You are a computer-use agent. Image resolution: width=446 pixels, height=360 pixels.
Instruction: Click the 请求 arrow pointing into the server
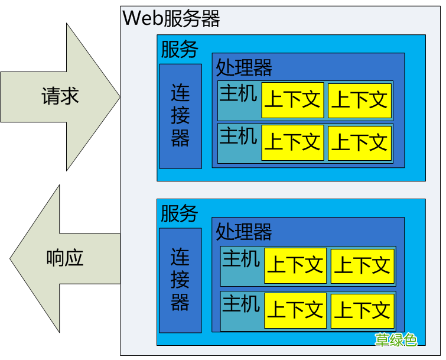tap(60, 96)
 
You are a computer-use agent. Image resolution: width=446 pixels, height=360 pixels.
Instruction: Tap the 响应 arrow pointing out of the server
tap(65, 258)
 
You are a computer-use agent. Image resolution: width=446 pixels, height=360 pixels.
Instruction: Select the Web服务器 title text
tap(171, 18)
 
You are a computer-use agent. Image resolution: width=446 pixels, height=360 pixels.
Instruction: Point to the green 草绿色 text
tap(396, 339)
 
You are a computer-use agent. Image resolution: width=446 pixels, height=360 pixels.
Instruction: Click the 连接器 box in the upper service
tap(180, 116)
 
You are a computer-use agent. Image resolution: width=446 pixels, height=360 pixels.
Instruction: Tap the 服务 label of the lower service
tap(180, 213)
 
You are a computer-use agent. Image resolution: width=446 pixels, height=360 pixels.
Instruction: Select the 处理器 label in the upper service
tap(244, 67)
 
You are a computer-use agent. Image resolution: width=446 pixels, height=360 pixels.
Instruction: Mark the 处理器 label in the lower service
tap(244, 231)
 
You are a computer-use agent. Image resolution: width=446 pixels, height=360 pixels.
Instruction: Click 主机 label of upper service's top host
tap(239, 93)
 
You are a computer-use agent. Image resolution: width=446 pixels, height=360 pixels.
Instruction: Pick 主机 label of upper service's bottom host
tap(239, 136)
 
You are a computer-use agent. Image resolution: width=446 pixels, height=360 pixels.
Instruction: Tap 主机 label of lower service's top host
tap(241, 259)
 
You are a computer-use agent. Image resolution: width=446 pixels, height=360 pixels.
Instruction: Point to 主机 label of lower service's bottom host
tap(241, 303)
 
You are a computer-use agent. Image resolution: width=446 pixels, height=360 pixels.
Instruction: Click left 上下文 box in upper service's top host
tap(292, 100)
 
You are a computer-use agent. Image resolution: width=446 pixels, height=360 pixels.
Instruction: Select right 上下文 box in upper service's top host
tap(359, 100)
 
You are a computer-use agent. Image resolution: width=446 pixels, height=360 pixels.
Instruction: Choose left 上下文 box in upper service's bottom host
tap(292, 142)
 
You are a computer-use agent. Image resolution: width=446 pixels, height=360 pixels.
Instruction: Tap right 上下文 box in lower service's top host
tap(362, 265)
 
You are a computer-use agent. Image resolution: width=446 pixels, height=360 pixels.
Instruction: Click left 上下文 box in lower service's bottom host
tap(295, 310)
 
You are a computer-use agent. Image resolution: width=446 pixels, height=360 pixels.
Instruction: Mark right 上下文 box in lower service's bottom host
tap(362, 310)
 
